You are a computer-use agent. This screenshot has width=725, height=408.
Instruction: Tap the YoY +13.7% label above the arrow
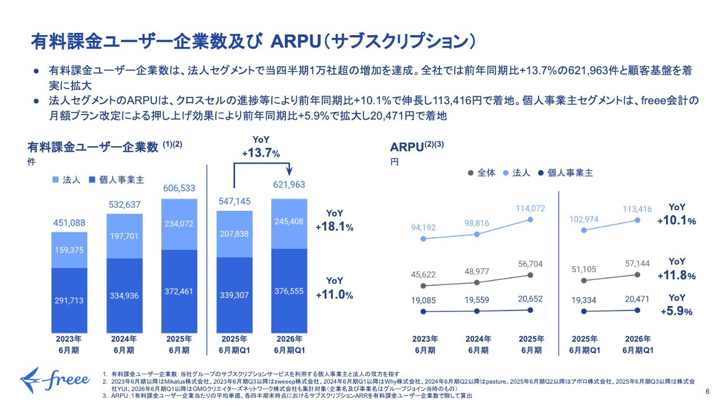pos(261,147)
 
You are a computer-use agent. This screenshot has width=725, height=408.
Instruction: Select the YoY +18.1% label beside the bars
pos(334,220)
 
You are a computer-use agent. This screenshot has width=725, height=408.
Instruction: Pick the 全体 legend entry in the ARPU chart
pos(482,173)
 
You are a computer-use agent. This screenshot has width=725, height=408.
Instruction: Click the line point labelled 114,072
pos(530,219)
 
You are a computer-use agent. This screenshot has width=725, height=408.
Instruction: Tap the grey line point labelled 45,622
pos(423,287)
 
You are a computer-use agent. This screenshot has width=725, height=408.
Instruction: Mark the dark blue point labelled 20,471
pos(638,310)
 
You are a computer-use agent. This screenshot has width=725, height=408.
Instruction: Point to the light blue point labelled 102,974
pos(584,230)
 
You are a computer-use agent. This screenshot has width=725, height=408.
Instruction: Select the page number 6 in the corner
pos(707,391)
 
